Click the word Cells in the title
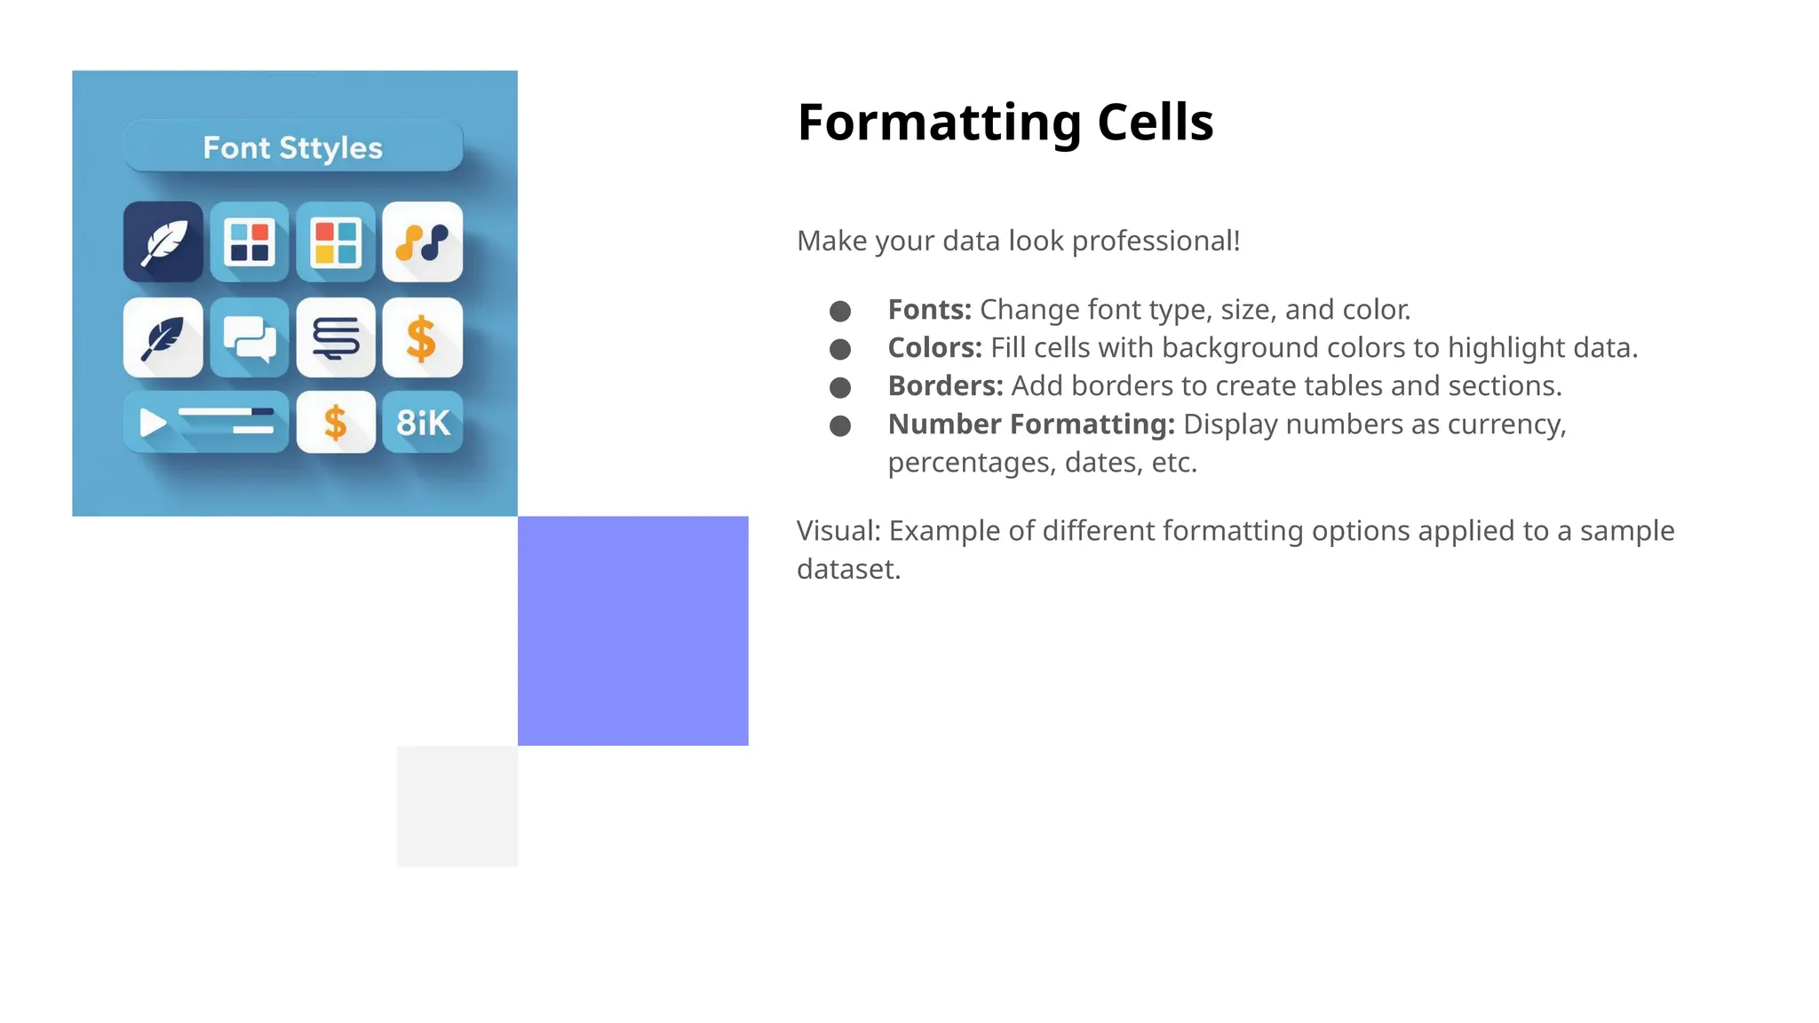[1155, 123]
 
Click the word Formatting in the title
[939, 123]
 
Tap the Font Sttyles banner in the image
[293, 147]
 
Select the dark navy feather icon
[163, 242]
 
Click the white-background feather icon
[163, 337]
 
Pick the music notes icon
[423, 242]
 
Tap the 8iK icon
[423, 423]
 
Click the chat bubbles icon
[250, 337]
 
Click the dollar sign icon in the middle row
[422, 338]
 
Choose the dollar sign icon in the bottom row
[336, 423]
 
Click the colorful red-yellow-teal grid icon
[336, 242]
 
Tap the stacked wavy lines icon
[336, 337]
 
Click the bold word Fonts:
[929, 310]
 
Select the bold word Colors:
[934, 348]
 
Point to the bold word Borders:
[945, 386]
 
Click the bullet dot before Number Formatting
[840, 426]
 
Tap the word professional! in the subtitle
[1156, 242]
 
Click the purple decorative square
[632, 630]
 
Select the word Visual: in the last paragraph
[838, 531]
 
